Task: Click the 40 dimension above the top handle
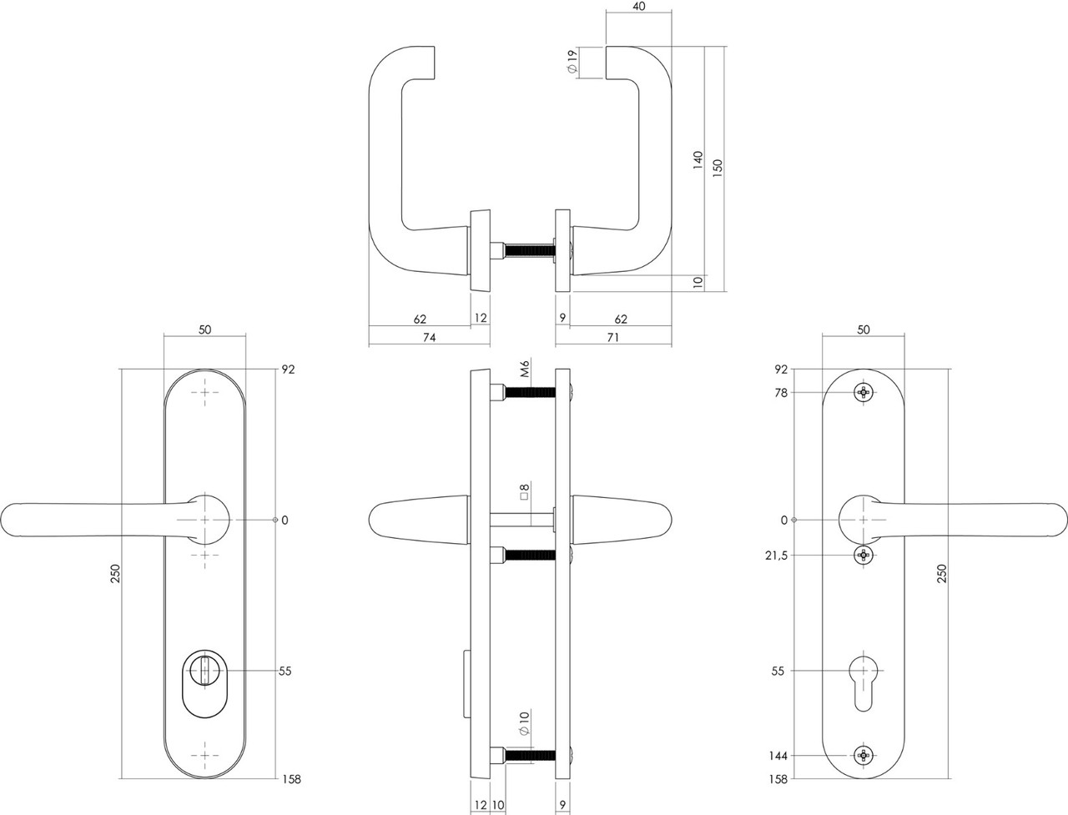[638, 7]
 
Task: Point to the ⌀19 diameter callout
[572, 63]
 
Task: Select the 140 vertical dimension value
[698, 160]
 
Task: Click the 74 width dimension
[429, 337]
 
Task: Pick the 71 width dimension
[612, 337]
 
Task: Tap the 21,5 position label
[776, 556]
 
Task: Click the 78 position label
[781, 392]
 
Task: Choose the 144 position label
[778, 756]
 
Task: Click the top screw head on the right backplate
[864, 392]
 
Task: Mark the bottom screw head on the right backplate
[864, 756]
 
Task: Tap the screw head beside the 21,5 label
[864, 556]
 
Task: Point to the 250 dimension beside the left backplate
[115, 574]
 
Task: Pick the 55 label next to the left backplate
[285, 671]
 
